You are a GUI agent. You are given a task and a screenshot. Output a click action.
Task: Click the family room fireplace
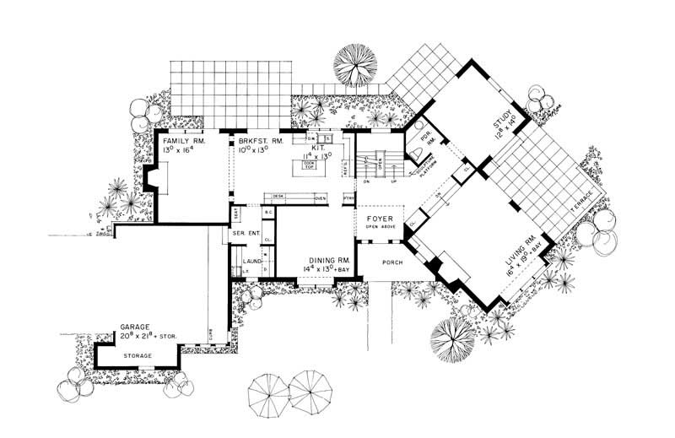coord(152,179)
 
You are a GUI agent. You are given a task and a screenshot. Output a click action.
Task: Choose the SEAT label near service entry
coord(235,213)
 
